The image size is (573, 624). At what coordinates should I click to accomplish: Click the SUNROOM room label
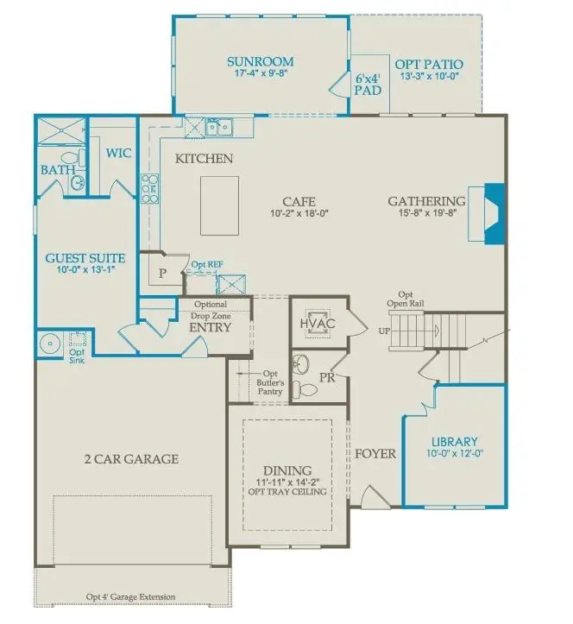(x=260, y=62)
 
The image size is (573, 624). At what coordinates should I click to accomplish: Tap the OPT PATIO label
(x=428, y=64)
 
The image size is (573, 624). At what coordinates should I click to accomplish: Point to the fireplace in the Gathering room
(x=488, y=214)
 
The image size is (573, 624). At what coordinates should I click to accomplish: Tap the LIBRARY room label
(x=455, y=441)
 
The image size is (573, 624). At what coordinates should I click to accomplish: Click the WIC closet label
(x=117, y=153)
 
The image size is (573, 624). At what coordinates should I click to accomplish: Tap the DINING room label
(x=287, y=470)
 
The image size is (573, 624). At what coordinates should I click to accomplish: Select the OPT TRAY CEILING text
(x=287, y=492)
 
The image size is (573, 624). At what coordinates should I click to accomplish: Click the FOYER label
(x=375, y=453)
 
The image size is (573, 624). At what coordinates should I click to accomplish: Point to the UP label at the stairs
(x=384, y=331)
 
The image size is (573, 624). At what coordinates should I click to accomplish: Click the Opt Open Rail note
(x=412, y=299)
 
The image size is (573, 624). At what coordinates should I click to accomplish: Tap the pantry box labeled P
(x=162, y=273)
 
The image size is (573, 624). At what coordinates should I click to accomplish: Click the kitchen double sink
(x=216, y=129)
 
